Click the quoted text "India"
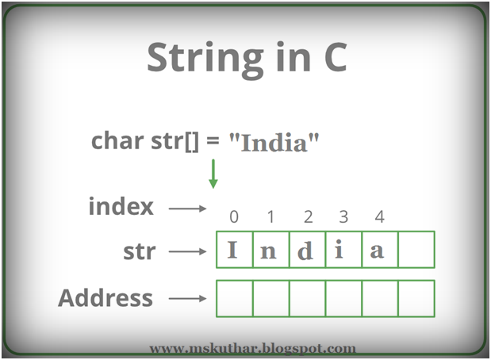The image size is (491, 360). [274, 144]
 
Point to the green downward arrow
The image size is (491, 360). [213, 173]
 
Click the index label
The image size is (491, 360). [121, 208]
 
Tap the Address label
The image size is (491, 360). [105, 298]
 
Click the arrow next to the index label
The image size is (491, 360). [187, 209]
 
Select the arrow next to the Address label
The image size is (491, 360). [187, 300]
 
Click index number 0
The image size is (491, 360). [233, 217]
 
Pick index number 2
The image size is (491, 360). [308, 217]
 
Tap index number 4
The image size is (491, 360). [379, 217]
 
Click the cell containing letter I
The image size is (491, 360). [234, 250]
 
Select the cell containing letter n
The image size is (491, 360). [270, 250]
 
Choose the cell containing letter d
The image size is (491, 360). [307, 250]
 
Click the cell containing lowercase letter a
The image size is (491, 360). [379, 250]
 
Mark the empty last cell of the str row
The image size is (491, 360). [416, 250]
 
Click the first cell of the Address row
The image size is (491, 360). [234, 299]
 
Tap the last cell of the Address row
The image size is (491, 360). [416, 299]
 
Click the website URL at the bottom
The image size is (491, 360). [252, 347]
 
